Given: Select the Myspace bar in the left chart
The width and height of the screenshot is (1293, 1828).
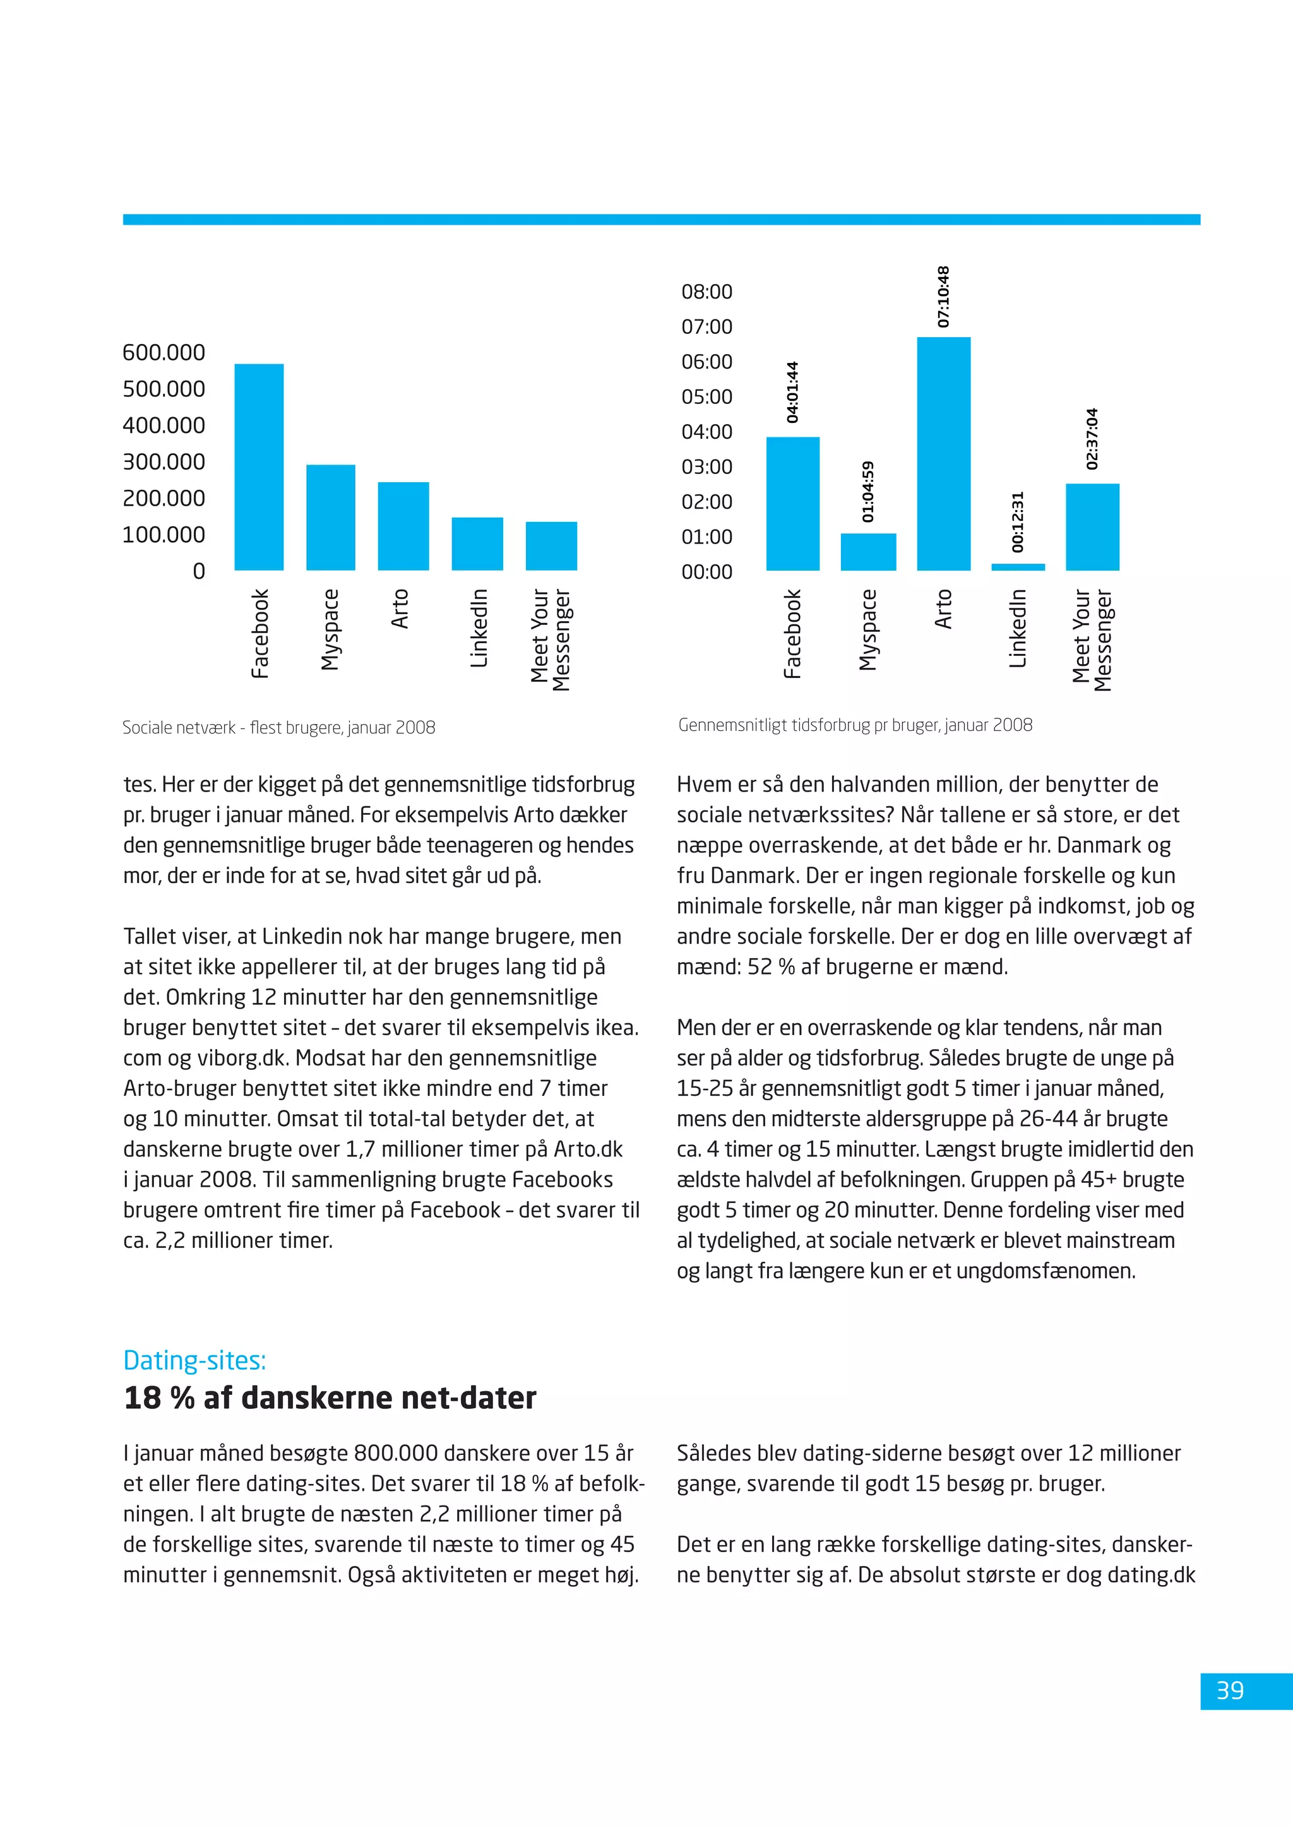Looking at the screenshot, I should [x=330, y=518].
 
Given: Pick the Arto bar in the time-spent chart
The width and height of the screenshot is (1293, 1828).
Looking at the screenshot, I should [x=943, y=454].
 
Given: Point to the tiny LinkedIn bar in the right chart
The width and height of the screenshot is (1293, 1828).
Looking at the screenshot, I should [x=1018, y=567].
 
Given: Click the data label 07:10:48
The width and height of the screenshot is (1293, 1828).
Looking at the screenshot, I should [x=943, y=297].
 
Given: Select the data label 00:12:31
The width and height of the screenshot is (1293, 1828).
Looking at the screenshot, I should [x=1018, y=521].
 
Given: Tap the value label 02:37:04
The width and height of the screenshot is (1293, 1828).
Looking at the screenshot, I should [x=1092, y=439].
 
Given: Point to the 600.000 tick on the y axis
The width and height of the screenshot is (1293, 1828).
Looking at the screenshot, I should [x=164, y=353].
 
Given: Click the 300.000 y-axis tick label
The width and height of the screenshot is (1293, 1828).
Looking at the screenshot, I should [x=164, y=462].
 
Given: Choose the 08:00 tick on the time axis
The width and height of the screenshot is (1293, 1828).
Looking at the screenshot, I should [x=706, y=292].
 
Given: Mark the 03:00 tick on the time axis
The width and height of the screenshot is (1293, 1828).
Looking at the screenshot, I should [x=706, y=466].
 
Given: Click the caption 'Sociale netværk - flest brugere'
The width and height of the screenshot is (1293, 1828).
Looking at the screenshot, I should [x=278, y=728].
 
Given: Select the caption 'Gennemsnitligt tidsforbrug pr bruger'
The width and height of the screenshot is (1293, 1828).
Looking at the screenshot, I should [x=855, y=725].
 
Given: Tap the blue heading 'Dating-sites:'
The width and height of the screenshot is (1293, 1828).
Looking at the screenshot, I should [x=194, y=1361].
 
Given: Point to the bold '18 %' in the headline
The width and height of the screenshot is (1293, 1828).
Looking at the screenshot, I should [x=159, y=1399].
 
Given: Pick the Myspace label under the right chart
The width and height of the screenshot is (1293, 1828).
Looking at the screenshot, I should [x=868, y=630].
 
